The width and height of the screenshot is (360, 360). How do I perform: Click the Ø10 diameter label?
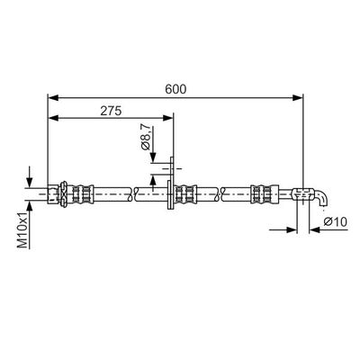click(x=334, y=222)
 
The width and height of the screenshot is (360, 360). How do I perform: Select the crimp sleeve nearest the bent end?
click(x=262, y=192)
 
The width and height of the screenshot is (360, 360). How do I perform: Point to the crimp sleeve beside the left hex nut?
click(x=83, y=192)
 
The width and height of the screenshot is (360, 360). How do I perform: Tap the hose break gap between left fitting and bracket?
click(x=132, y=192)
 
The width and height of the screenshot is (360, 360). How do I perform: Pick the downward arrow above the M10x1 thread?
click(x=32, y=177)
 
